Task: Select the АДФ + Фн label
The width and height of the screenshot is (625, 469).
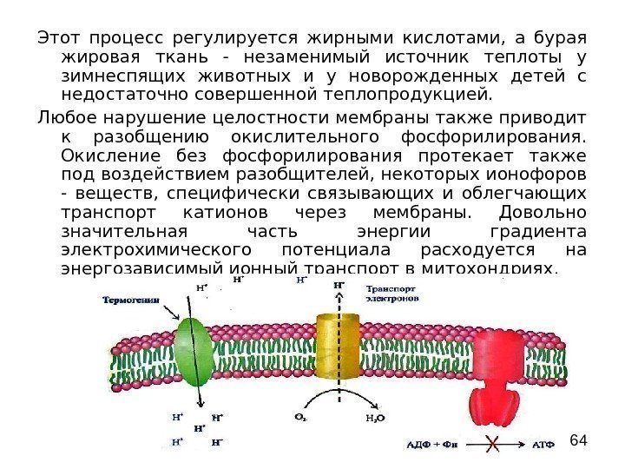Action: [x=433, y=447]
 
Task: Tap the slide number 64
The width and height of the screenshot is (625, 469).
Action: [x=579, y=442]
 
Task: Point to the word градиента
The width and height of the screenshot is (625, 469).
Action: [x=538, y=233]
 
